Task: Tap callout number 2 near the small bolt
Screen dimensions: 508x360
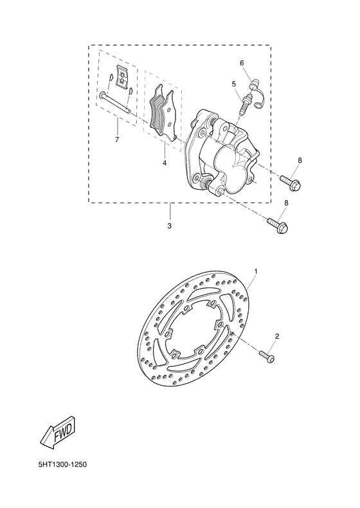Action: (x=277, y=336)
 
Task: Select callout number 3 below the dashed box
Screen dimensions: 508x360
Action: (x=169, y=226)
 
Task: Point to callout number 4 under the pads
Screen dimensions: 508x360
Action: (x=165, y=163)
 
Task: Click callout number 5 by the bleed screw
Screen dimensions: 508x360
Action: (x=235, y=84)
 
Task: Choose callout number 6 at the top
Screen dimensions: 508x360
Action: (x=242, y=63)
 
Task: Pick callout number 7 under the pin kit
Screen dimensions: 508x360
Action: (x=117, y=139)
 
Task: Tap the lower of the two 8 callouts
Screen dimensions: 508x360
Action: (x=286, y=203)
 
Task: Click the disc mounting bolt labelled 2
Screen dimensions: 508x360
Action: (x=267, y=353)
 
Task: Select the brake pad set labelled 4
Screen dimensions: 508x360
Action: (x=165, y=116)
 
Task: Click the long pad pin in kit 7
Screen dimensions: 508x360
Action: (x=116, y=103)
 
